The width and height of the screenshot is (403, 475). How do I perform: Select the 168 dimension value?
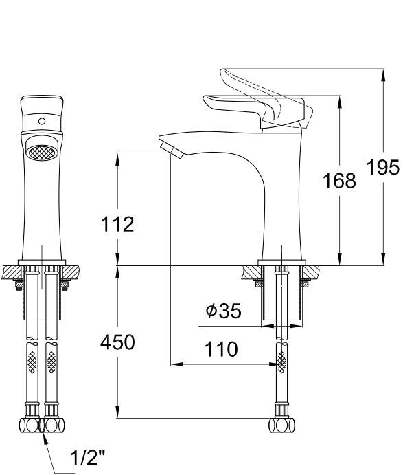point(339,181)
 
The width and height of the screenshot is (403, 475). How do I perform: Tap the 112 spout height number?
point(117,224)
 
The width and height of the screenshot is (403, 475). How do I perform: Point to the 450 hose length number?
point(117,342)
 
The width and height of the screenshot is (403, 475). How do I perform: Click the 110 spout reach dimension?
point(221,349)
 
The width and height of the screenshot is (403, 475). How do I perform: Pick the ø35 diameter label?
point(224,311)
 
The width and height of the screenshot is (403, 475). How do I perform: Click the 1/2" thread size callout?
point(87,457)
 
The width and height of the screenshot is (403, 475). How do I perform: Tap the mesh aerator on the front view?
point(41,151)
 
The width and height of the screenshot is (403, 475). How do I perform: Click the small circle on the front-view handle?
point(42,122)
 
